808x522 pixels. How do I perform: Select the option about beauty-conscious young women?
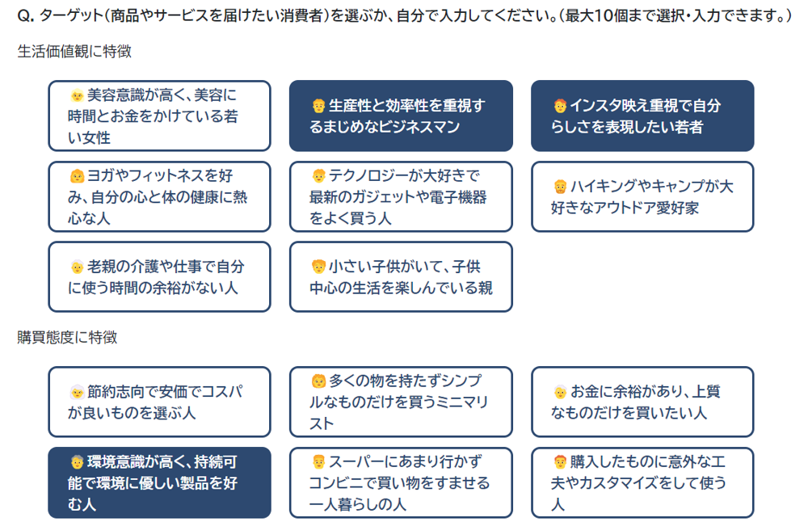(x=159, y=116)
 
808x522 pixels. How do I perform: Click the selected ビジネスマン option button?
(x=401, y=116)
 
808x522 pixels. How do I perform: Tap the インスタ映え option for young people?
(x=642, y=116)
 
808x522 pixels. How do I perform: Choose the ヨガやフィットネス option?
(x=159, y=196)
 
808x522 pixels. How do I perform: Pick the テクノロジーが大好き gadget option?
(x=401, y=196)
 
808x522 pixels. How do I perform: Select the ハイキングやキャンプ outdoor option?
(x=642, y=196)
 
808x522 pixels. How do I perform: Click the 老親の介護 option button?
(x=159, y=276)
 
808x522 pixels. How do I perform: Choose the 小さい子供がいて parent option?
(x=401, y=276)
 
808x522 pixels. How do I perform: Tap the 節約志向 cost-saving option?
(x=159, y=402)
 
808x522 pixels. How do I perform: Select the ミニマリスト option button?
(x=401, y=402)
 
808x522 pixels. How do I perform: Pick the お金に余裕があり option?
(x=642, y=402)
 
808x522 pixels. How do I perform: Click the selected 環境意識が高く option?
(x=159, y=483)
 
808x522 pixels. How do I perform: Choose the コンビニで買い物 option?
(x=401, y=483)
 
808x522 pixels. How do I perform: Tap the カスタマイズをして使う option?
(x=642, y=483)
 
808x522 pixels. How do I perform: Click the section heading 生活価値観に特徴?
(x=74, y=52)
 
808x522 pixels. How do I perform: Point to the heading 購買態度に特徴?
(x=68, y=338)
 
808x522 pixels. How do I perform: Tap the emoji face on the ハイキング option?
(x=560, y=186)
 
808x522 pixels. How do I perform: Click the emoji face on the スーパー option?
(x=318, y=461)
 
